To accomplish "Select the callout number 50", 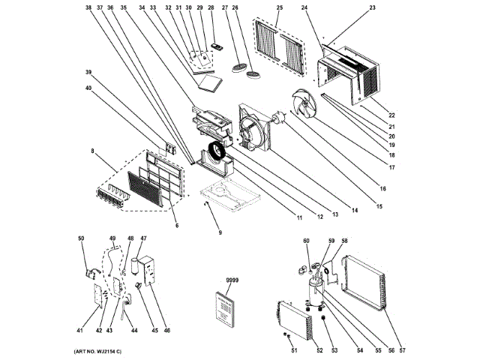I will point(81,238).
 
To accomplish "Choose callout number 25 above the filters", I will point(279,7).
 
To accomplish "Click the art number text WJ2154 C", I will point(97,352).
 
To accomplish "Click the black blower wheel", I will point(217,152).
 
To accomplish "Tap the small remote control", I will point(218,47).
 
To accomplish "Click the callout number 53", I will point(334,349).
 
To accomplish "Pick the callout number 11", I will point(298,217).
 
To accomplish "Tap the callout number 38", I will point(88,7).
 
